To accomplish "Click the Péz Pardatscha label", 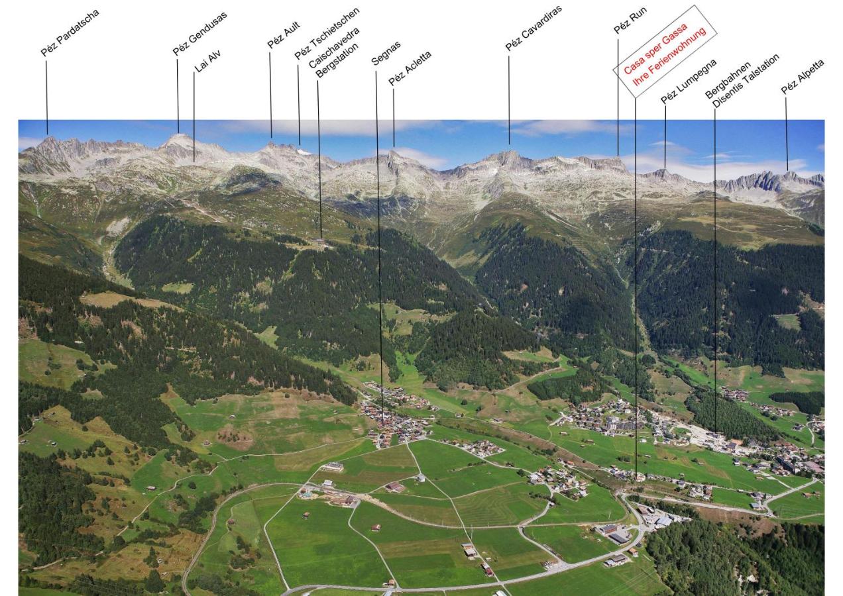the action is (70, 33).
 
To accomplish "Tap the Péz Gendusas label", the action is (200, 34).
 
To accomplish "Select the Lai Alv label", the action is (207, 61).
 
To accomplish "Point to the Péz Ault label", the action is (284, 35).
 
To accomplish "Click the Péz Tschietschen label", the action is (327, 33).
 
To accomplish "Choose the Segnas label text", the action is (386, 54).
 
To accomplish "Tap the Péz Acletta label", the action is (410, 68).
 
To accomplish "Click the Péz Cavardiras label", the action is (534, 28).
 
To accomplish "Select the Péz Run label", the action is (630, 21).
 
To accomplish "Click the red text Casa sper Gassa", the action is (655, 48).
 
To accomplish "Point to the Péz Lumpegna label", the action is (689, 81).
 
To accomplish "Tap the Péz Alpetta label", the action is (803, 77).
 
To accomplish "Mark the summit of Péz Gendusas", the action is (179, 134).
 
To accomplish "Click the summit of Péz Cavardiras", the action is (510, 152).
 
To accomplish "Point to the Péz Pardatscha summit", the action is (48, 138).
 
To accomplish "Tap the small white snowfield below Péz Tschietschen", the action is (304, 152).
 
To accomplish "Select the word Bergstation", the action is (337, 60).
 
